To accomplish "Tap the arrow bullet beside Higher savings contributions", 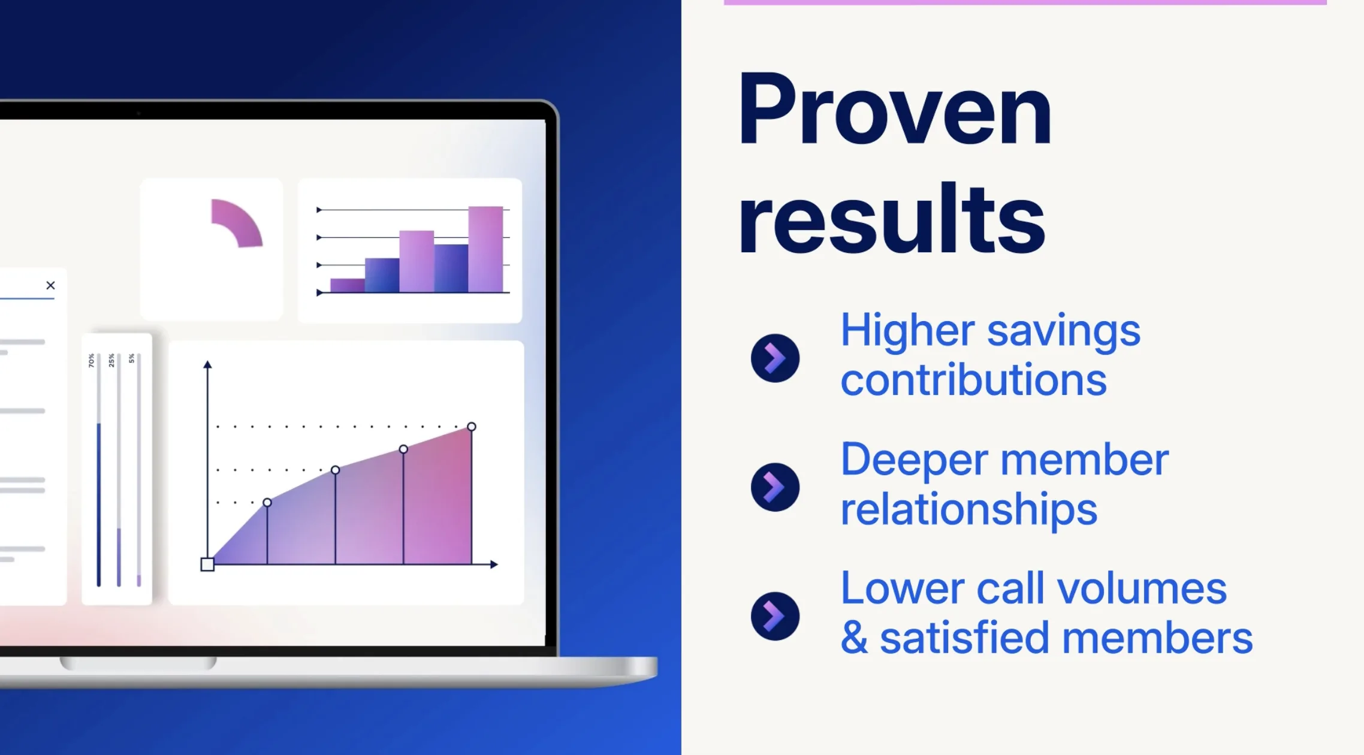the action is (x=775, y=358).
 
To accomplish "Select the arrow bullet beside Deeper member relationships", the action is (x=775, y=487).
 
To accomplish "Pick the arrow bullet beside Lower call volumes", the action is (x=775, y=616).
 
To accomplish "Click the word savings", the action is (x=1063, y=332).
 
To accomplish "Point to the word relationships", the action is (x=968, y=509).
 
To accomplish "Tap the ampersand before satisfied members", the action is (x=854, y=639).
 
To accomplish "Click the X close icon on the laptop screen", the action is (x=50, y=285).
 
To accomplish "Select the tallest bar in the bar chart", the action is (x=485, y=249).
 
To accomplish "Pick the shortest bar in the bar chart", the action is (x=348, y=285).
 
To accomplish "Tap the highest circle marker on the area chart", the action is (x=472, y=427).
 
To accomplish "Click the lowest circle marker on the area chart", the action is (x=267, y=502).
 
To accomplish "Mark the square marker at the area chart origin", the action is (x=207, y=564).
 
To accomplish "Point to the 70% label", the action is (x=91, y=360).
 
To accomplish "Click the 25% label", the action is (x=111, y=360).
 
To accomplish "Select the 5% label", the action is (x=132, y=358).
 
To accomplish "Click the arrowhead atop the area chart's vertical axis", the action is (x=207, y=364).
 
